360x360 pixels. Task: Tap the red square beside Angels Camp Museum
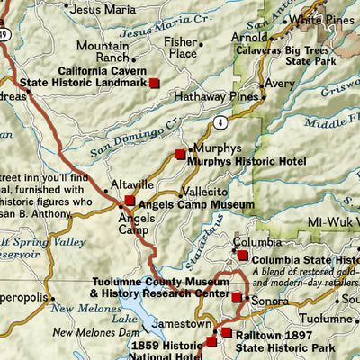pos(130,201)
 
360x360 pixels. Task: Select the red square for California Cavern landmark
pos(154,83)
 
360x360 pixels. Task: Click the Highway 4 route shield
pos(219,121)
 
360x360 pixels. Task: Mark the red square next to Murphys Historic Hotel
pos(180,155)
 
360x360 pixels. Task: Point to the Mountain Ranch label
pos(103,51)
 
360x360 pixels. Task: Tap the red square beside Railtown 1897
pos(226,334)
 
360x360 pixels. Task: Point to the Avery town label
pos(280,84)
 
